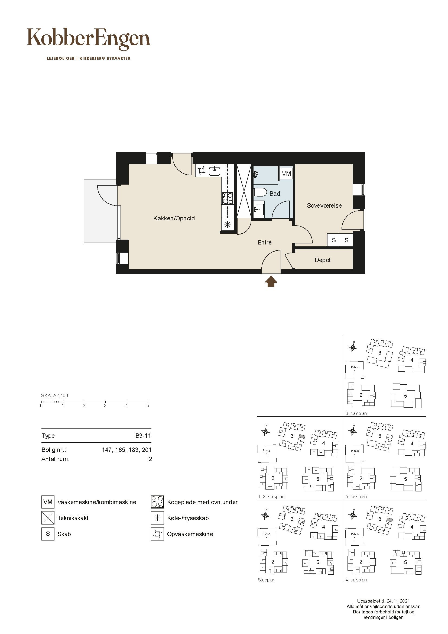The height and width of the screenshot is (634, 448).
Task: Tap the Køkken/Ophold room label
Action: [174, 218]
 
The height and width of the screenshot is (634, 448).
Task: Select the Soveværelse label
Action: [324, 205]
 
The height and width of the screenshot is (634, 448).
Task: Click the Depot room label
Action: [323, 260]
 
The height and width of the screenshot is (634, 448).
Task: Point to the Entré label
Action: [265, 242]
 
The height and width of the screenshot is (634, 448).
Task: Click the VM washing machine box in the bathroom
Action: [286, 173]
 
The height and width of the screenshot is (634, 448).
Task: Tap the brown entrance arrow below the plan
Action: [271, 282]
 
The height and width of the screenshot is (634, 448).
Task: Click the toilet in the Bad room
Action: [260, 192]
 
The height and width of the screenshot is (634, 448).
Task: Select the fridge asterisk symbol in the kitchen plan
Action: [228, 224]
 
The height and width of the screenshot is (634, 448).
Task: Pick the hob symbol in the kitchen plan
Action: [228, 198]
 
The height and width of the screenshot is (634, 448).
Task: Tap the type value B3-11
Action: [143, 436]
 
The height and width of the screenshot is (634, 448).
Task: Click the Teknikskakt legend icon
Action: [48, 518]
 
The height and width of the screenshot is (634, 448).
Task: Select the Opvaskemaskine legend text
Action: [190, 534]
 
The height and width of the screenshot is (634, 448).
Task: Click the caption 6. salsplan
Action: [356, 413]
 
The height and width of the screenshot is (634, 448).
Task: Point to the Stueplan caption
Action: [267, 580]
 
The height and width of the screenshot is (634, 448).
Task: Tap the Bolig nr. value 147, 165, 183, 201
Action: [127, 450]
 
